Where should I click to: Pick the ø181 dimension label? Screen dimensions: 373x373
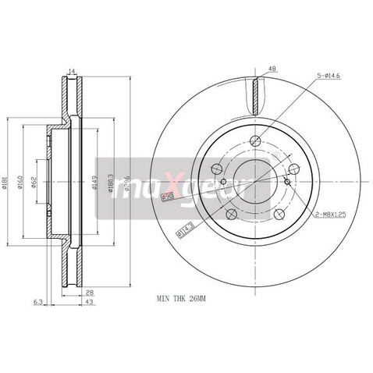tap(7, 183)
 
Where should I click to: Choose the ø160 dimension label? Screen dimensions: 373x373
tap(21, 183)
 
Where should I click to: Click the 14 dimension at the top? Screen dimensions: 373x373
tap(71, 72)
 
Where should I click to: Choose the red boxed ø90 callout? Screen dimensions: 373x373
tap(165, 197)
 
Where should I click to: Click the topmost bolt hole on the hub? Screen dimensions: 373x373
tap(255, 141)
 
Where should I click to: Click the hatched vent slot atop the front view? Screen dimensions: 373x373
tap(255, 95)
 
